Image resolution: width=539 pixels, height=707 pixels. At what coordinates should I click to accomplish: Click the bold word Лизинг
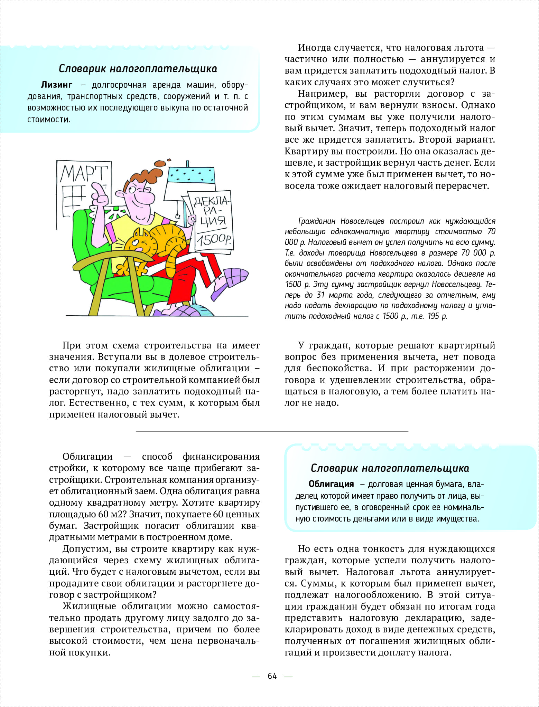click(x=57, y=85)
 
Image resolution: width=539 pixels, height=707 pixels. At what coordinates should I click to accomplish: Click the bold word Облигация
click(x=331, y=484)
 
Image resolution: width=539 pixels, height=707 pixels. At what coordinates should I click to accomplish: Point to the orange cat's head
click(x=140, y=241)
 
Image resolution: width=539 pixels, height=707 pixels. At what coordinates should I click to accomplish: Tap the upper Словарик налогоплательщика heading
click(x=138, y=69)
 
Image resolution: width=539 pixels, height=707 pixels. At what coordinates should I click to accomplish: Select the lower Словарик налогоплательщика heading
click(x=390, y=468)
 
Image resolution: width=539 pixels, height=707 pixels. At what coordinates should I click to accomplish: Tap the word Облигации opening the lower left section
click(x=87, y=457)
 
